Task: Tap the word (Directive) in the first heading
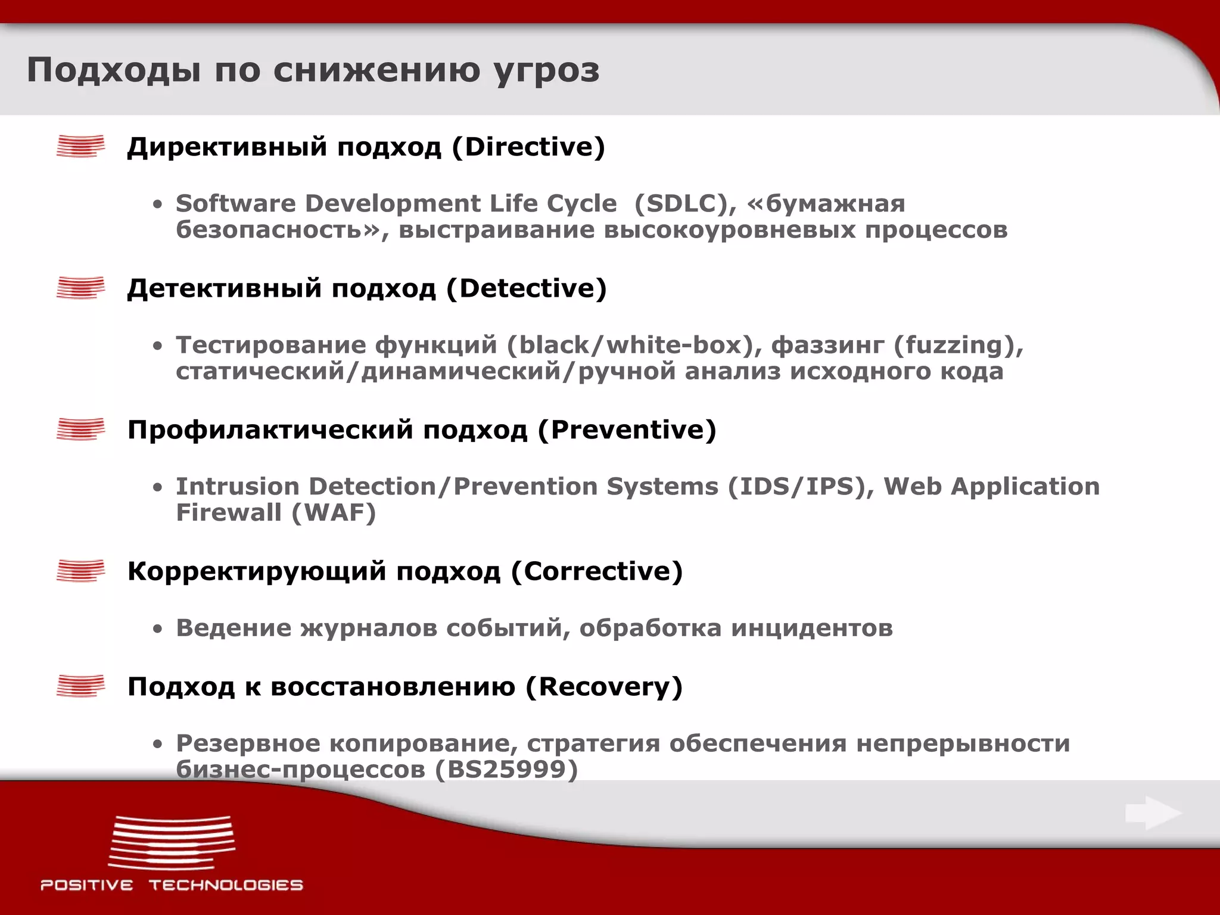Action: coord(528,147)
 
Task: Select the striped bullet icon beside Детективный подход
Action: coord(80,288)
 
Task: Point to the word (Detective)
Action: coord(526,288)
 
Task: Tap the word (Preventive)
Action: coord(627,430)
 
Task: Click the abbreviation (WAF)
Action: coord(334,513)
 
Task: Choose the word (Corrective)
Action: coord(597,571)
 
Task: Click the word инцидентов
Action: coord(812,628)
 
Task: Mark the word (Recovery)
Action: coord(603,686)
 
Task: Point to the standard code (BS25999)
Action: coord(506,770)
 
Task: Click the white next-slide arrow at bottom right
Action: coord(1153,813)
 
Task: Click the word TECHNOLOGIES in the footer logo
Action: coord(226,885)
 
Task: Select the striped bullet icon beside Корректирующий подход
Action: coord(80,571)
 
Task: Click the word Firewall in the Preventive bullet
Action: coord(228,513)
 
